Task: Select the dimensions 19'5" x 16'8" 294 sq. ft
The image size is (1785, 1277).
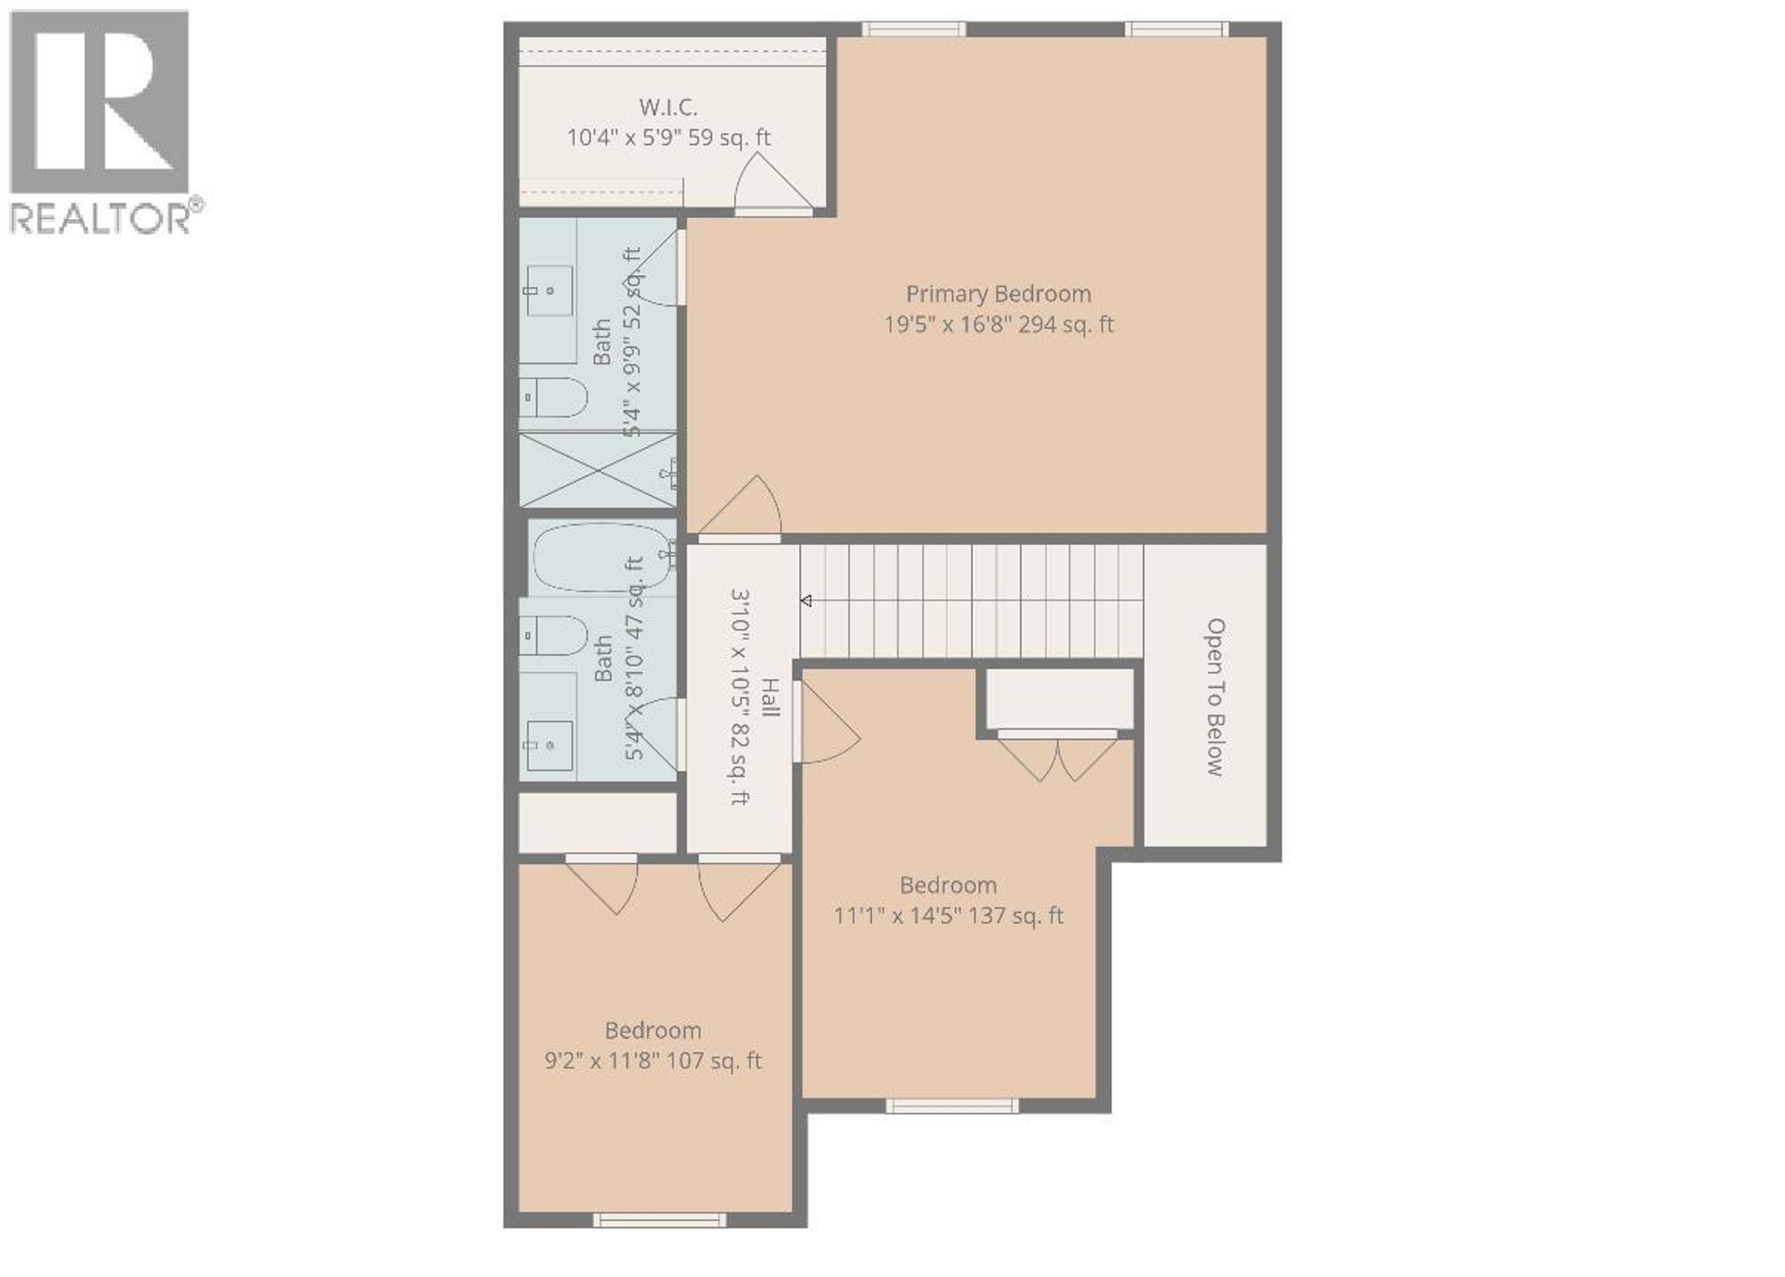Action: click(998, 325)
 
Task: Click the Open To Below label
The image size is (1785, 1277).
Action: click(1216, 697)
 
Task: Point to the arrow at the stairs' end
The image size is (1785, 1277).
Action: click(806, 601)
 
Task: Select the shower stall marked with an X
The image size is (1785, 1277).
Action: click(598, 469)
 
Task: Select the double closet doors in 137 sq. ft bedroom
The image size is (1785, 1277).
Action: click(1058, 757)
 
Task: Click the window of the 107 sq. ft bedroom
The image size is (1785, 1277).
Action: click(659, 1243)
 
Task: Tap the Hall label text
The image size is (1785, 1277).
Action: click(771, 698)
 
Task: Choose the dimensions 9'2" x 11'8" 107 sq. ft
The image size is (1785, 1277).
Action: click(653, 1061)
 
